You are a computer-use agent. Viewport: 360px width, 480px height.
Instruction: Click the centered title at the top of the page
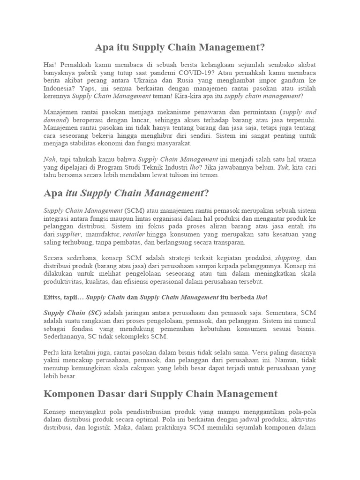coord(180,47)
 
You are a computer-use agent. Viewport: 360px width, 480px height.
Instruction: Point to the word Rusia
coord(181,81)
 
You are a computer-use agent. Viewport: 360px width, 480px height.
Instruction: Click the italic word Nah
coord(49,160)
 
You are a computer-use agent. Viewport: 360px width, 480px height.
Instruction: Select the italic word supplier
coord(68,234)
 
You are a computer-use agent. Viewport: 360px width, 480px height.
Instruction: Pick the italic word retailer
coord(134,234)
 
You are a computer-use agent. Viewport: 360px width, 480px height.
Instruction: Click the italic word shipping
coord(287,258)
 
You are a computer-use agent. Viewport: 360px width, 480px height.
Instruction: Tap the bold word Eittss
coord(52,297)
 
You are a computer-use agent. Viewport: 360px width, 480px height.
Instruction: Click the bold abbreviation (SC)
coord(90,313)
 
